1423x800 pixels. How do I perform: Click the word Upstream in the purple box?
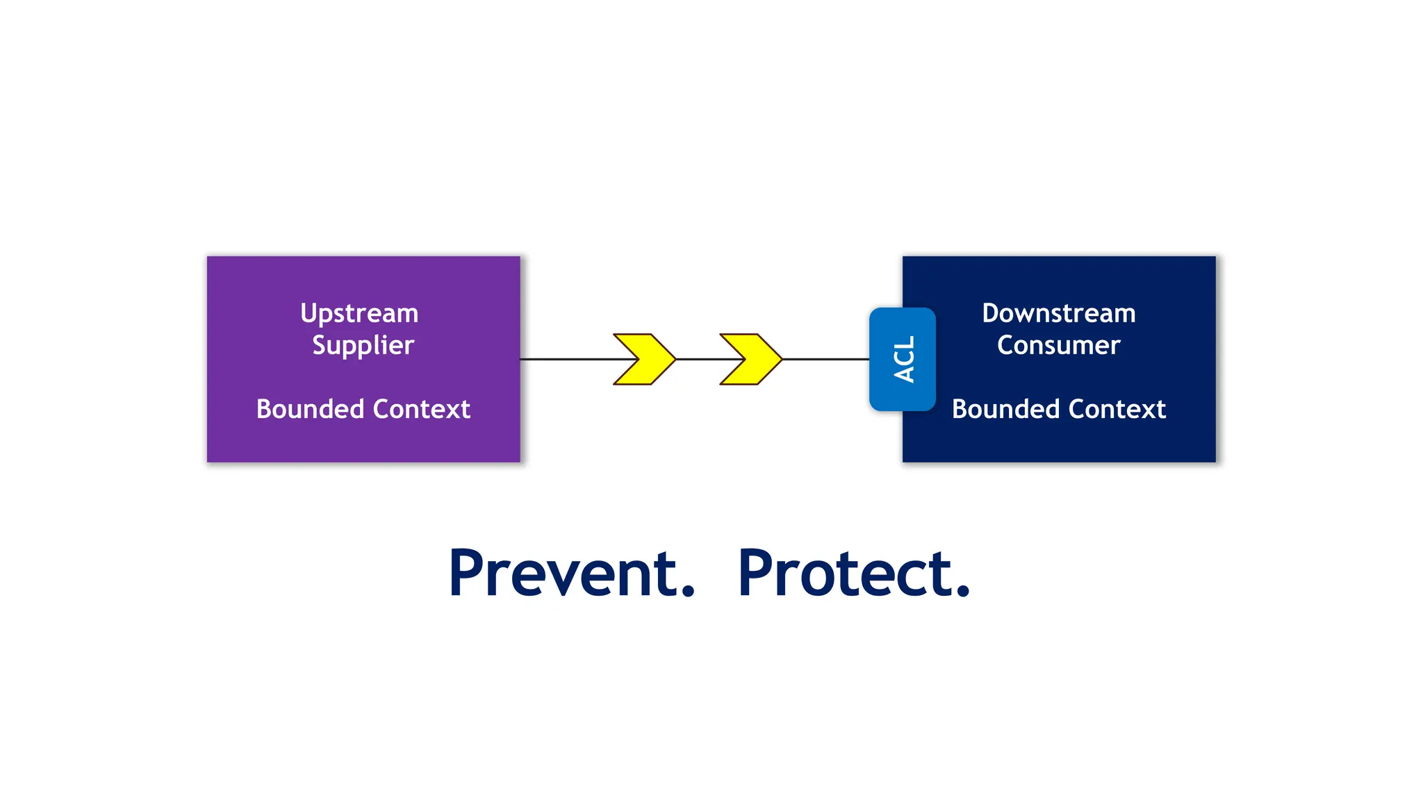pyautogui.click(x=359, y=314)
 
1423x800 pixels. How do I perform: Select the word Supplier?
pyautogui.click(x=363, y=346)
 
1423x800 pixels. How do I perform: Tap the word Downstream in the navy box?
pyautogui.click(x=1058, y=313)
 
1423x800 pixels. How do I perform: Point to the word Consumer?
pyautogui.click(x=1058, y=345)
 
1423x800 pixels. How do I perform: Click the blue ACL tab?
pyautogui.click(x=903, y=359)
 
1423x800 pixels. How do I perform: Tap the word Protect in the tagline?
pyautogui.click(x=845, y=574)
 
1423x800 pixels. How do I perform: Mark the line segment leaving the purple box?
pyautogui.click(x=566, y=359)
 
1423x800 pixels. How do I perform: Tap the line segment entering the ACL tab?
pyautogui.click(x=825, y=359)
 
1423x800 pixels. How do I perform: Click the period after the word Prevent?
pyautogui.click(x=687, y=591)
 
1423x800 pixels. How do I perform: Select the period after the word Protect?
pyautogui.click(x=962, y=591)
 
